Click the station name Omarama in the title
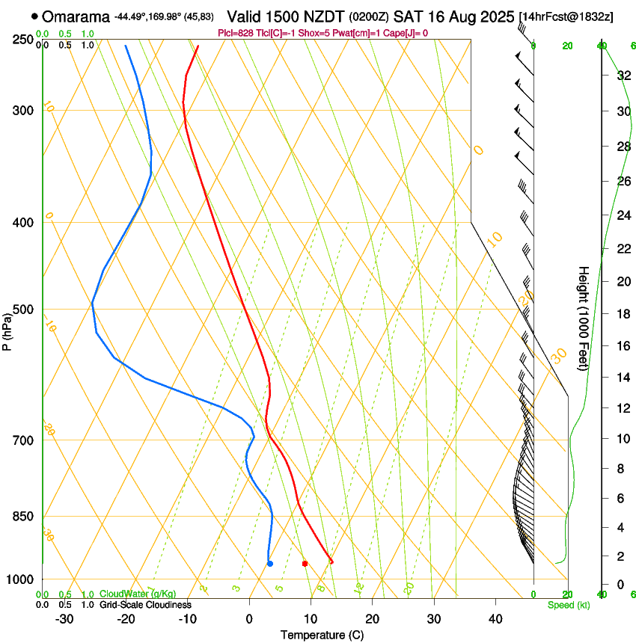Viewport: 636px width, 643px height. (75, 16)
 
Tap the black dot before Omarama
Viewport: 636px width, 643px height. (34, 16)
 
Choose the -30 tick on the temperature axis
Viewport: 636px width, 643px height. (64, 618)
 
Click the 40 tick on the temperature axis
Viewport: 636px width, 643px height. (495, 618)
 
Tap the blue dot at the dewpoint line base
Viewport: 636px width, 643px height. (270, 564)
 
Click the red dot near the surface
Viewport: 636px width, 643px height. (305, 564)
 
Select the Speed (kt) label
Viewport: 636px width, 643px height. (569, 604)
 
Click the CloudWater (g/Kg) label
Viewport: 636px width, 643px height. (138, 594)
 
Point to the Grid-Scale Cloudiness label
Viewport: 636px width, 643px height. (144, 604)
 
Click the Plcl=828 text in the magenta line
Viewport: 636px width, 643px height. (235, 33)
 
